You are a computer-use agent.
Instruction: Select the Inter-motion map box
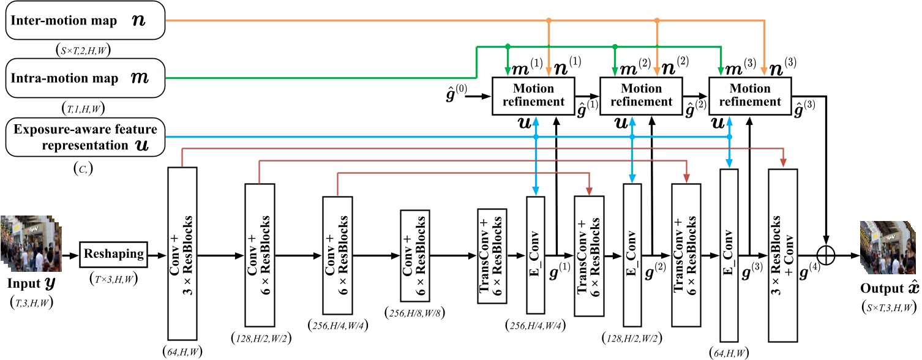83,21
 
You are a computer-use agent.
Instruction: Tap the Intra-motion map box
83,78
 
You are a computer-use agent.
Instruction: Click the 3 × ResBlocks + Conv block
783,253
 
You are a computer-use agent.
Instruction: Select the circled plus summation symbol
827,253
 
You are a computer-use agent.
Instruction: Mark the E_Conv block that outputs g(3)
729,253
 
